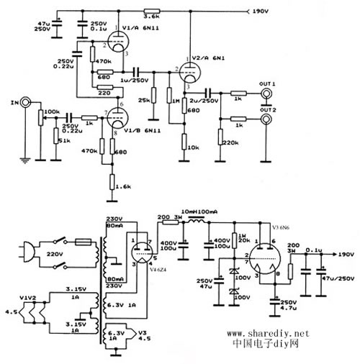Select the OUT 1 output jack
(267, 92)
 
